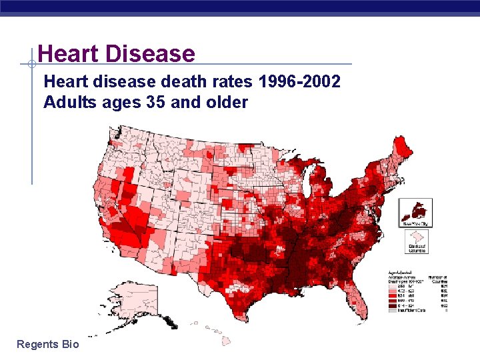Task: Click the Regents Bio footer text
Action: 47,344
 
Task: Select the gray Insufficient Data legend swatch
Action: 393,311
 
